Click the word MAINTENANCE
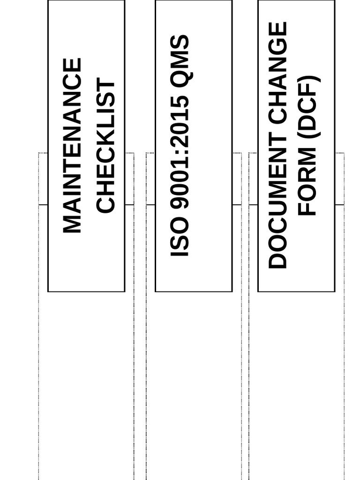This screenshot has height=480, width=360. click(72, 145)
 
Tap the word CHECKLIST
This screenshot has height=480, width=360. click(105, 146)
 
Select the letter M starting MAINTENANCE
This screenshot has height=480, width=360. click(72, 224)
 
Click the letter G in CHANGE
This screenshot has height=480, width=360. click(277, 49)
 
